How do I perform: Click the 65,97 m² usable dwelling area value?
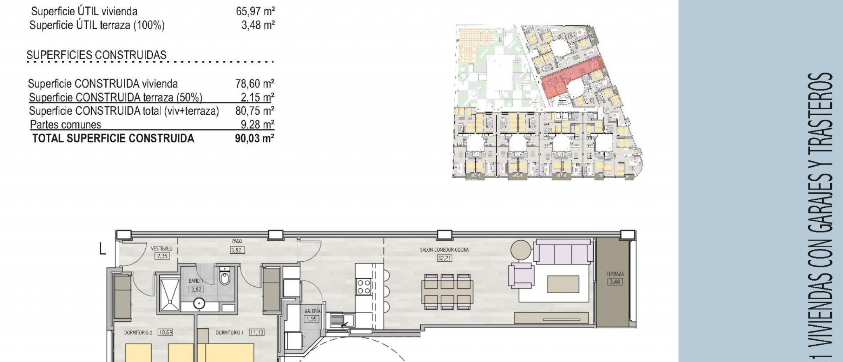(x=255, y=11)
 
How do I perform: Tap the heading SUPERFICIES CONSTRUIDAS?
(x=97, y=55)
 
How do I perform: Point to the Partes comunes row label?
(x=65, y=125)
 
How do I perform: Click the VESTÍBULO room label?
(x=161, y=249)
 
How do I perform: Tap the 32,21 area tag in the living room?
(x=444, y=258)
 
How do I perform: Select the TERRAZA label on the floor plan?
(x=615, y=274)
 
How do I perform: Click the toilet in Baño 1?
(x=225, y=278)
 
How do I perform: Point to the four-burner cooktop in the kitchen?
(x=363, y=286)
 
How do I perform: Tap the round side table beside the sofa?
(x=522, y=250)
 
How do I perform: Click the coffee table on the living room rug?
(x=562, y=284)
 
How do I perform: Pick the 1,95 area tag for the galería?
(x=312, y=319)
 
